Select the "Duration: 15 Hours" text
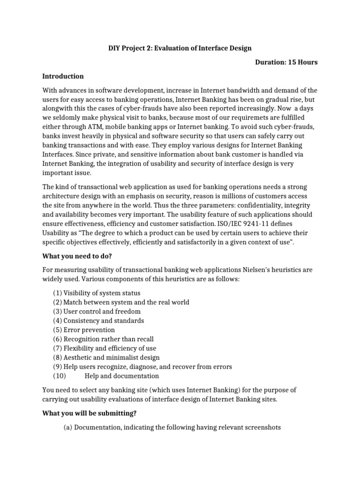pyautogui.click(x=286, y=62)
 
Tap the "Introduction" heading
pyautogui.click(x=63, y=76)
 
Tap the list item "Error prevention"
pyautogui.click(x=89, y=330)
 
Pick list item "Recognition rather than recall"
pyautogui.click(x=108, y=339)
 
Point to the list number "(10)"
pyautogui.click(x=60, y=375)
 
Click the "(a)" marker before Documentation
pyautogui.click(x=68, y=427)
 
